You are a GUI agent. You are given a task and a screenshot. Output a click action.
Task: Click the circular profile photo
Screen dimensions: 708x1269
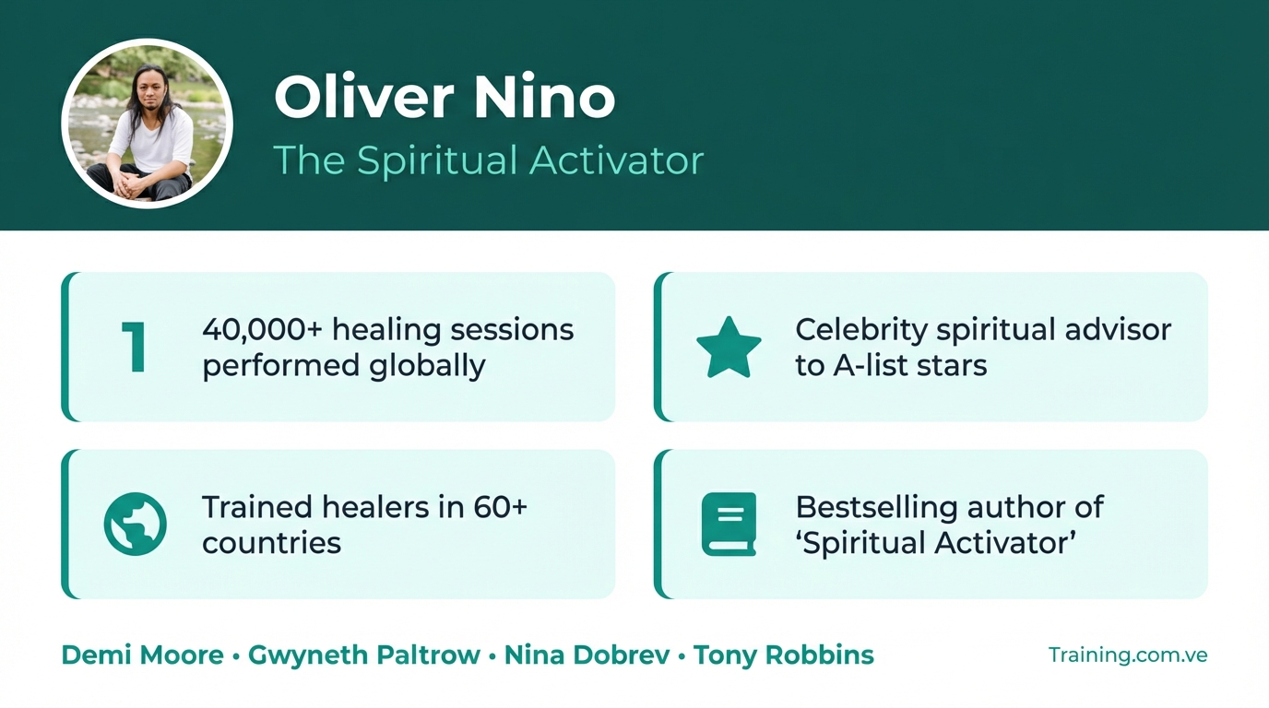(147, 124)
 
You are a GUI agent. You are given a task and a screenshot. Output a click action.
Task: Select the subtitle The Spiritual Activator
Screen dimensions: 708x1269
(488, 160)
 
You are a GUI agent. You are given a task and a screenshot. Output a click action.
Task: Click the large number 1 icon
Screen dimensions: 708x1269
(134, 348)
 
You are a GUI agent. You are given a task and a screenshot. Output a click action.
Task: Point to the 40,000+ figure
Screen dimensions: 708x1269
(263, 329)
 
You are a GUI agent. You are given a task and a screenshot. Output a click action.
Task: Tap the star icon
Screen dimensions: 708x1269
(729, 348)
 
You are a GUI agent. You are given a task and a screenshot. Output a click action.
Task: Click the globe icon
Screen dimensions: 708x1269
(136, 524)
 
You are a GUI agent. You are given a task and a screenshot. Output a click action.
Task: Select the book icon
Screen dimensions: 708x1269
(729, 524)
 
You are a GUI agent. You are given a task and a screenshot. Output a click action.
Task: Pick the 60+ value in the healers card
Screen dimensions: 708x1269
(500, 507)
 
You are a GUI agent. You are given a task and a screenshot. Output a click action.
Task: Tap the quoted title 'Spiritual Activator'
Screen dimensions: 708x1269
(935, 543)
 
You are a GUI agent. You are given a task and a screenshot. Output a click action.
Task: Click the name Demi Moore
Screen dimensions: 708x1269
(142, 655)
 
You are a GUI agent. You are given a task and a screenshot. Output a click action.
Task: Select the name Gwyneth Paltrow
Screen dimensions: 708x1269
(364, 655)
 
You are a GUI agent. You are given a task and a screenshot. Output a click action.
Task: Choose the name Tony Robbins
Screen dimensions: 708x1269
(783, 655)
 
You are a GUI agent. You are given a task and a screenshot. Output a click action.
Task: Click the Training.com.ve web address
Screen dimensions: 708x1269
(1127, 655)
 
